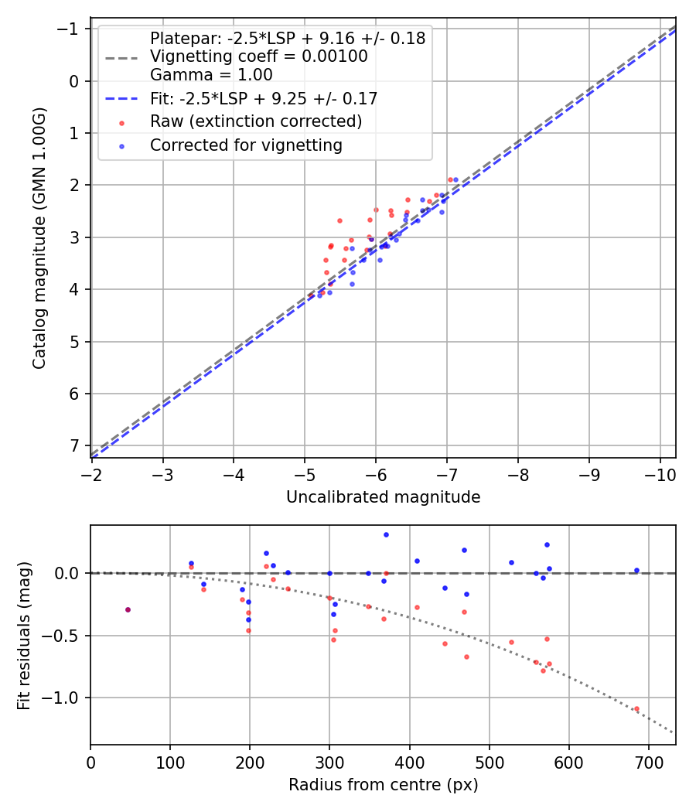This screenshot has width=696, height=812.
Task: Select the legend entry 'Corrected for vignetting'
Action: click(x=246, y=145)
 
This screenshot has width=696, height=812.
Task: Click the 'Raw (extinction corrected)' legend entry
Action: click(x=256, y=121)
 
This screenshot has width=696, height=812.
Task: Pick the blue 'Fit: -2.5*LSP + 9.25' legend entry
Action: click(x=264, y=99)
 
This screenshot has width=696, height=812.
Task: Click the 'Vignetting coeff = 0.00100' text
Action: click(x=258, y=56)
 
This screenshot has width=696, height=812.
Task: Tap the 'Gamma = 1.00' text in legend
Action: click(x=211, y=75)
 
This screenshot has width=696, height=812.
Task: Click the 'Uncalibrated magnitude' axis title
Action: click(x=383, y=497)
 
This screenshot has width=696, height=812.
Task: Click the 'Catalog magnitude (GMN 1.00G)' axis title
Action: click(x=39, y=237)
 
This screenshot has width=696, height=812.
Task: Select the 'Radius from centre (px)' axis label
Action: click(x=383, y=785)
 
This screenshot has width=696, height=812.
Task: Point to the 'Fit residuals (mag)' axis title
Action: click(x=23, y=635)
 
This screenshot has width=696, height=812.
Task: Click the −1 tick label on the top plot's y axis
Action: click(x=71, y=29)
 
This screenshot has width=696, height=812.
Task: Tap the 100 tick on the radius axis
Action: click(x=170, y=762)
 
